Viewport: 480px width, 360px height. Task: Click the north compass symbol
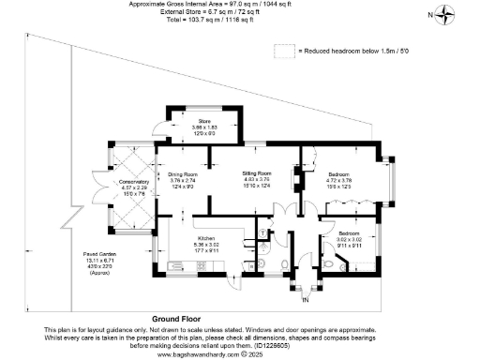click(x=449, y=14)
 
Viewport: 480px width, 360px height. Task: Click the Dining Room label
click(x=184, y=174)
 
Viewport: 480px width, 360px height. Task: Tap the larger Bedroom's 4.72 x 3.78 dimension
click(x=338, y=181)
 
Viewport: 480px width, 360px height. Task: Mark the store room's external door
click(x=161, y=127)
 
